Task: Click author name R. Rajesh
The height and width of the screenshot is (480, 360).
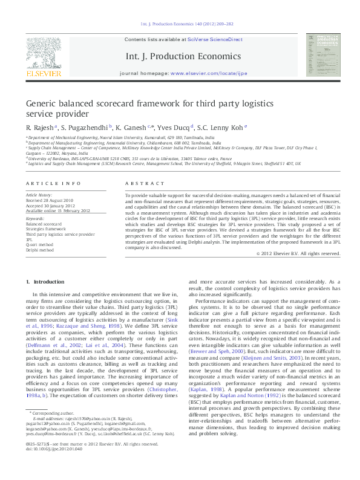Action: (x=39, y=128)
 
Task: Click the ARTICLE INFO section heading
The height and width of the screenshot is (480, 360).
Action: (x=53, y=183)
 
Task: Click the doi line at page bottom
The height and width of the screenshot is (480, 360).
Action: (x=55, y=465)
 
